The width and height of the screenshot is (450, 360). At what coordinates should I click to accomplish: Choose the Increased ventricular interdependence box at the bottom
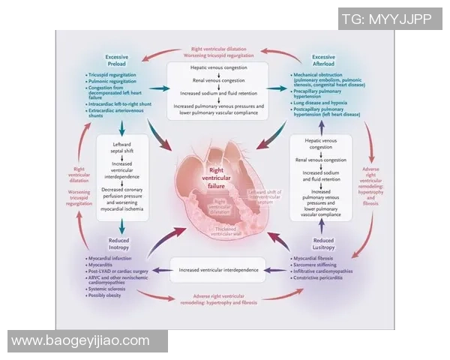click(222, 267)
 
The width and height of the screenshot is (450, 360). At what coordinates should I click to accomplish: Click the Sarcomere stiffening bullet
click(322, 265)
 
